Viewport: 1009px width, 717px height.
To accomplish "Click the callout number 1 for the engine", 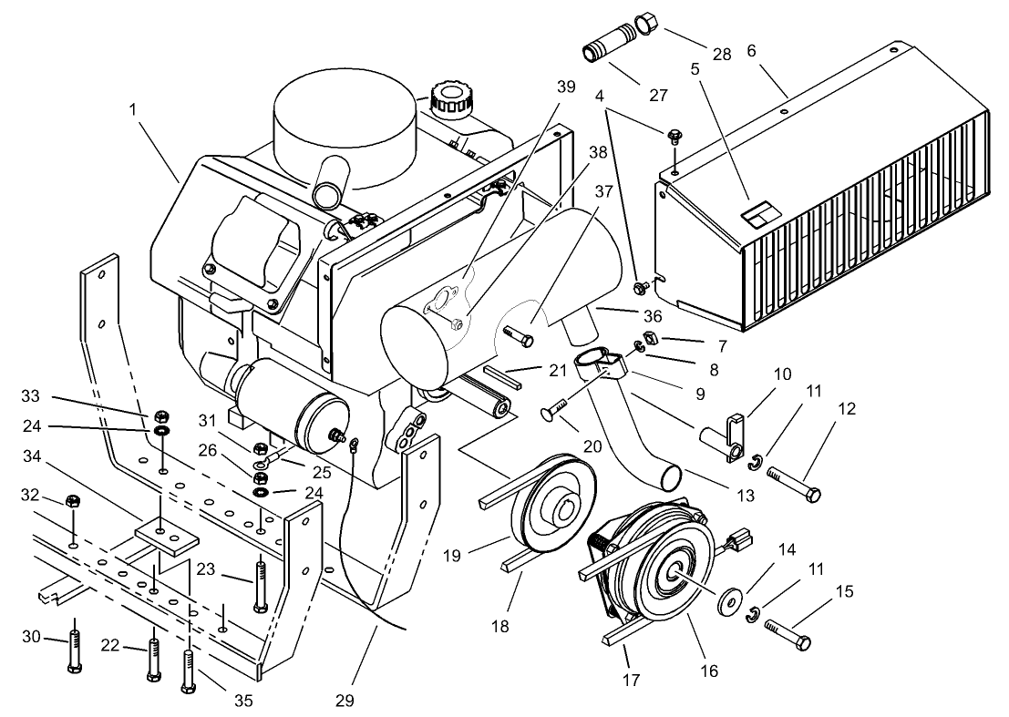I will (133, 109).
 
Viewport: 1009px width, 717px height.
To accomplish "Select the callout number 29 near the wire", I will (344, 701).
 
